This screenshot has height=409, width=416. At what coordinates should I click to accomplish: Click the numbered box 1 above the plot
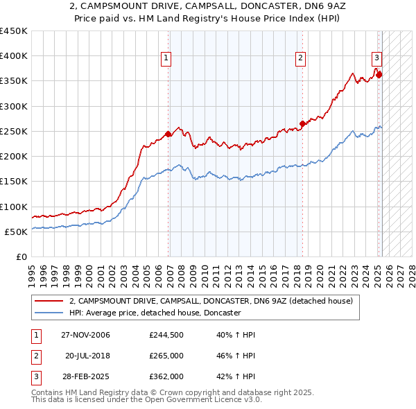pos(167,58)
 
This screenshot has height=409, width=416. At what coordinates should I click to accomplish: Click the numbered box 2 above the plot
pos(301,58)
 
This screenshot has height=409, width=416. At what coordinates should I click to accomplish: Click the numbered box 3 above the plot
pos(376,58)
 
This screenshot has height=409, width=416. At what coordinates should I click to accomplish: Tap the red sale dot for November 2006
pos(168,134)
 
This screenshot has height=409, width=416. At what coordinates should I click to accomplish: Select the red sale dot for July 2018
pos(302,124)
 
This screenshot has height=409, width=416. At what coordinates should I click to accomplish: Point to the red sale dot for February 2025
pos(379,75)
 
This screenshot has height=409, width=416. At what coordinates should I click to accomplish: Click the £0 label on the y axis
pos(21,256)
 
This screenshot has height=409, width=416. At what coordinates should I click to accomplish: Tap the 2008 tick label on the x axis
pos(182,274)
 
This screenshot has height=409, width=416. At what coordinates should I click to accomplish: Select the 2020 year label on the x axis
pos(320,274)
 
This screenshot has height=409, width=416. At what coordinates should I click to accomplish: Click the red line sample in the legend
pos(49,301)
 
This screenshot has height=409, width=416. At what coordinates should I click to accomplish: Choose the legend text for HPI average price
pos(155,313)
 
